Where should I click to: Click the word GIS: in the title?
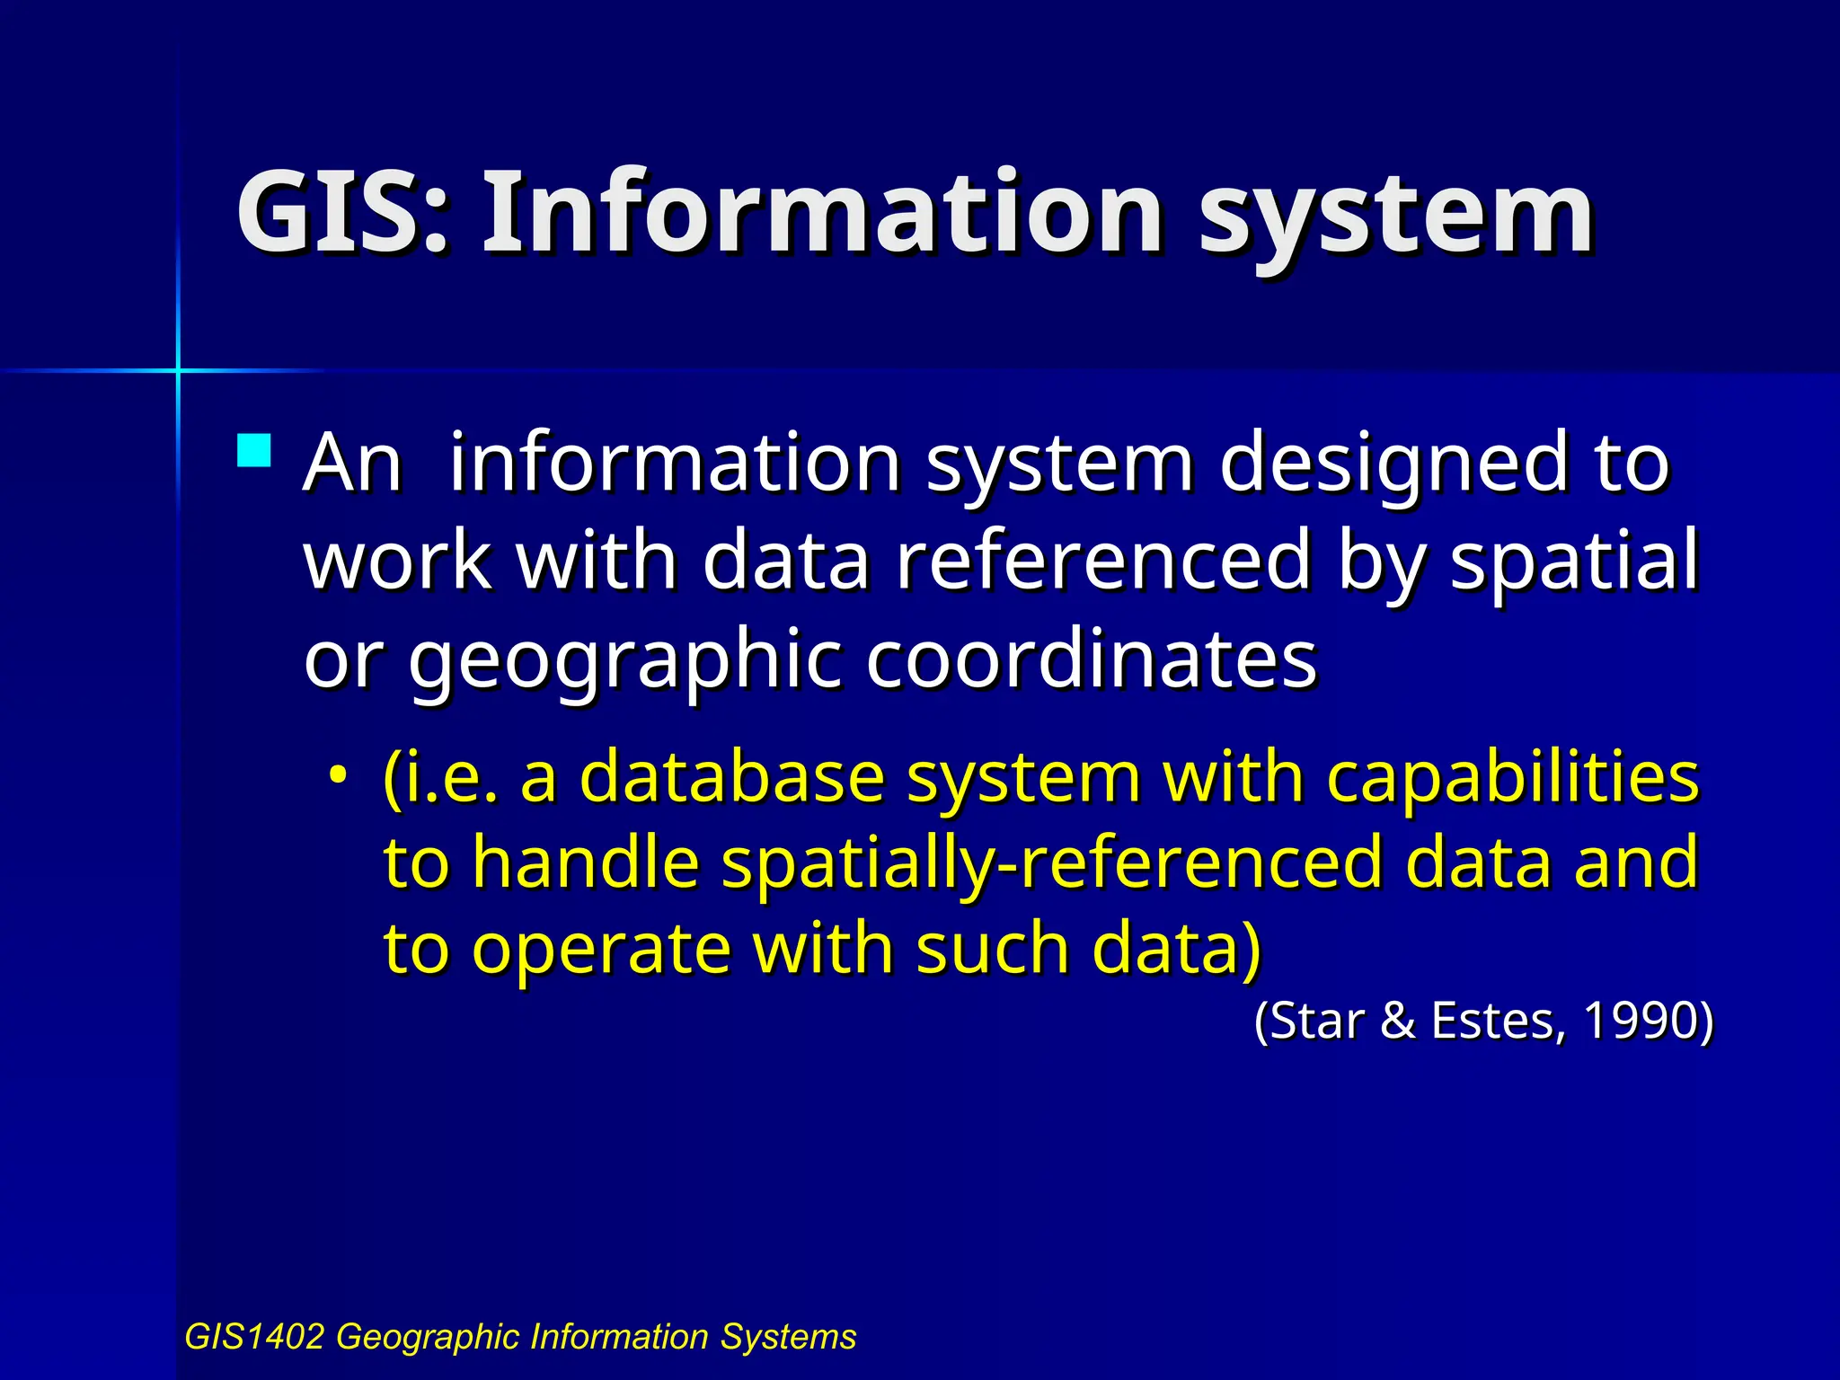[341, 213]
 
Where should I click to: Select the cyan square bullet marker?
[254, 451]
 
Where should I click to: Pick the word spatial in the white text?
[1574, 562]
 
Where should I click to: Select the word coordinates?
[1091, 659]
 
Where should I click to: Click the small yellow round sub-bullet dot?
[337, 774]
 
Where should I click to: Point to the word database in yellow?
[731, 776]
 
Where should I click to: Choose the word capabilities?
[1512, 778]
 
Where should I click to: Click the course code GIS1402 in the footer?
[254, 1337]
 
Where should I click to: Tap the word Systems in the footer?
[788, 1337]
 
